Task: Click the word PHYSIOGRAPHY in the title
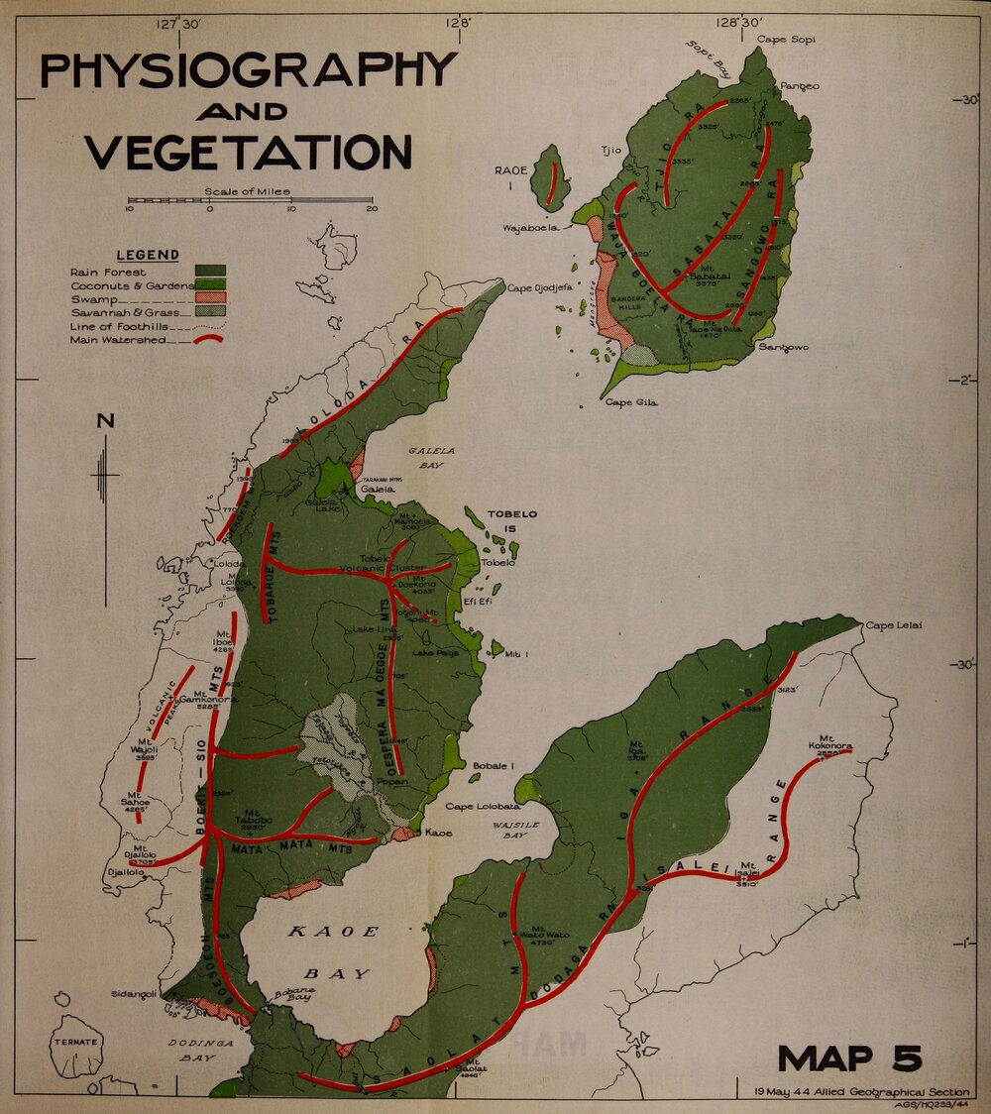coord(248,71)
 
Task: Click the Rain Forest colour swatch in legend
coord(210,271)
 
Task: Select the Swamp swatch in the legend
coord(210,298)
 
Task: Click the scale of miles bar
coord(250,201)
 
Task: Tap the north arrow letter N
coord(105,420)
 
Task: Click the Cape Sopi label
coord(785,39)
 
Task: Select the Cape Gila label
coord(631,402)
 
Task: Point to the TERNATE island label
coord(76,1042)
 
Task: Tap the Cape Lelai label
coord(894,625)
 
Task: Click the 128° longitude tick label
coord(457,21)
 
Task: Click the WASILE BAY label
coord(516,830)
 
